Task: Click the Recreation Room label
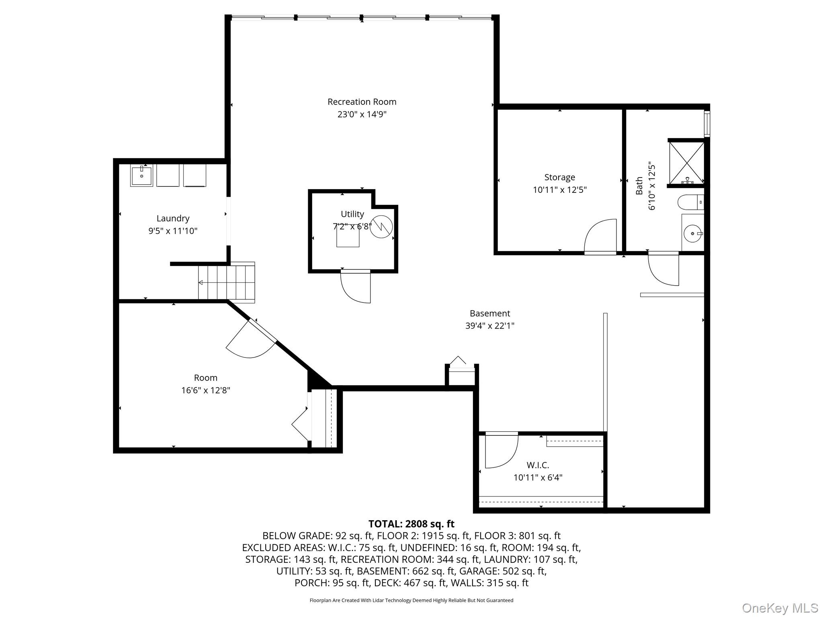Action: click(362, 102)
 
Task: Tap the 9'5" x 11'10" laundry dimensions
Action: click(173, 231)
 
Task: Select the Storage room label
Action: click(559, 177)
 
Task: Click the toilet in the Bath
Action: click(690, 202)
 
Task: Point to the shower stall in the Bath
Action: click(686, 162)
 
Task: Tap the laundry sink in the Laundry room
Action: click(141, 176)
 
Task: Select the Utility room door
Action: click(356, 287)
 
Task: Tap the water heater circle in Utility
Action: click(381, 227)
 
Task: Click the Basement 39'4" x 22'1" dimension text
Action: click(489, 326)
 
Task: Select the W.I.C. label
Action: click(538, 465)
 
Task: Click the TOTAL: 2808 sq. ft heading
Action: click(411, 524)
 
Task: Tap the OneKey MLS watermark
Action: click(780, 608)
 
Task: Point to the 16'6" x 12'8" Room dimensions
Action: click(205, 390)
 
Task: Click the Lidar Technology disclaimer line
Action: click(411, 601)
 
